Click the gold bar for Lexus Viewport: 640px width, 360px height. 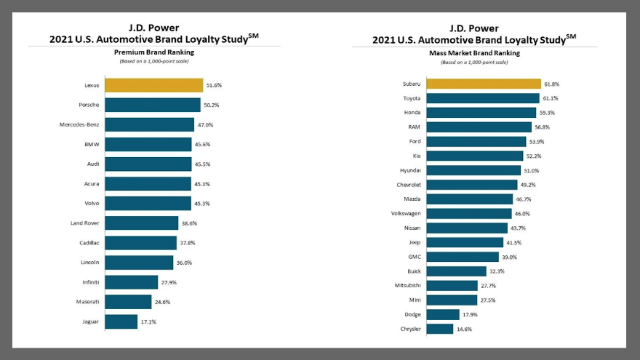(153, 85)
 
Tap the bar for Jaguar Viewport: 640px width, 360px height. (121, 321)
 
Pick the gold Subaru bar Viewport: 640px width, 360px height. (484, 84)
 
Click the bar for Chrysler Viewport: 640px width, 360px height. (439, 329)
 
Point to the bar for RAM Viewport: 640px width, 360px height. (479, 127)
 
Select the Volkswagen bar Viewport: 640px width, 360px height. (469, 214)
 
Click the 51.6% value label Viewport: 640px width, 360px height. (213, 85)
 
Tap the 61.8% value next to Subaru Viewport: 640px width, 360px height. (551, 84)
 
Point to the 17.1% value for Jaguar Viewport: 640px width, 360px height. (148, 321)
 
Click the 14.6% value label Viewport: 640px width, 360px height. (463, 329)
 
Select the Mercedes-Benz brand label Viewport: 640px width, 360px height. (79, 124)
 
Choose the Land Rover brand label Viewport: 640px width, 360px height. (85, 223)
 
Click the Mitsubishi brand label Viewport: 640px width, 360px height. (407, 286)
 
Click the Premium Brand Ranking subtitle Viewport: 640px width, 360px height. (154, 52)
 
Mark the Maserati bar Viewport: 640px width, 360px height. (128, 302)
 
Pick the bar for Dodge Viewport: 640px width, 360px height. (442, 314)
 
